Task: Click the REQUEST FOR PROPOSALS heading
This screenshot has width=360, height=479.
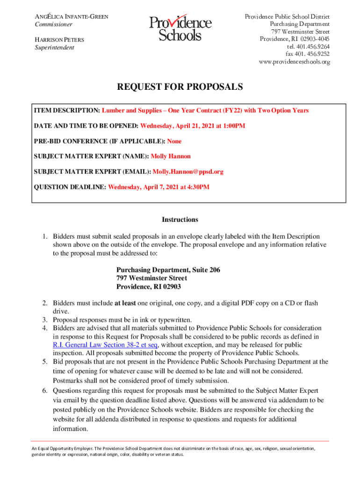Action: (180, 87)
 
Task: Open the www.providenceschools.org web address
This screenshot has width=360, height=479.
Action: (294, 62)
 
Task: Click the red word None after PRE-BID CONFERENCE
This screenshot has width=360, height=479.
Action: (174, 141)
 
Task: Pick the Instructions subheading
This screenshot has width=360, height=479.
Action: (180, 220)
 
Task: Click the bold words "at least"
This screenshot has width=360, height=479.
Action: (125, 303)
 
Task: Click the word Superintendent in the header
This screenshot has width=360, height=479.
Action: (54, 48)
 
